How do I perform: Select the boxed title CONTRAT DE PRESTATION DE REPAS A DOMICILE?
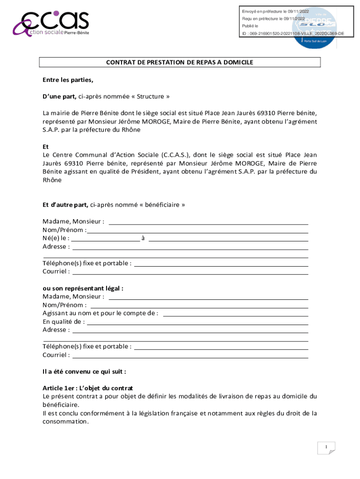(x=180, y=62)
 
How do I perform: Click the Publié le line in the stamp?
(x=250, y=26)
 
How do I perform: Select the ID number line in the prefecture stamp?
(x=293, y=34)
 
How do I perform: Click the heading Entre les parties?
(x=68, y=80)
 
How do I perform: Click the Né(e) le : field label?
(x=56, y=238)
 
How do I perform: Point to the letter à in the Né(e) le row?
(x=143, y=238)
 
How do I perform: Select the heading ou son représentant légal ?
(x=83, y=288)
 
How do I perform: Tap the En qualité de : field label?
(x=64, y=321)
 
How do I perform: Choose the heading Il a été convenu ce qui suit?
(x=84, y=371)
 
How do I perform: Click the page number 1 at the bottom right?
(x=325, y=448)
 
